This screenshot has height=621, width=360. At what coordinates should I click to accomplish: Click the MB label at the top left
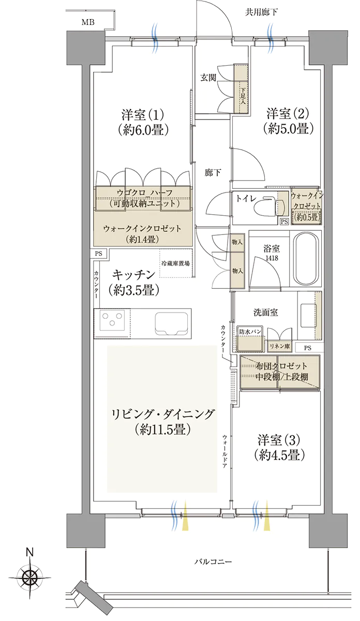pos(88,22)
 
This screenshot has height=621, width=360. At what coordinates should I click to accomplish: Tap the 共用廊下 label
pos(261,12)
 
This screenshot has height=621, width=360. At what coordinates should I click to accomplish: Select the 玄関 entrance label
pos(208,78)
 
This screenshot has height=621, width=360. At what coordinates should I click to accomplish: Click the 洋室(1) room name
pos(143,114)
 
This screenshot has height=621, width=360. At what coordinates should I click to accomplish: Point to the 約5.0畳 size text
pos(288,129)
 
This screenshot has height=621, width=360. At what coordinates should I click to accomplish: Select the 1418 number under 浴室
pos(272,258)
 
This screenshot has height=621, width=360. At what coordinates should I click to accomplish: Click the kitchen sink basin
pos(172,323)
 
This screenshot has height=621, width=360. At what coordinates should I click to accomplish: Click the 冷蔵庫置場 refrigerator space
pos(176,263)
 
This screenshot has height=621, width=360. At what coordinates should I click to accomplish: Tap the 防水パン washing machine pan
pos(249,339)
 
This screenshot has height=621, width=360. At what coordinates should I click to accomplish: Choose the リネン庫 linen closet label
pos(279,346)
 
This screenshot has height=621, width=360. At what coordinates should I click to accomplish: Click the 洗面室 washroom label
pos(265,313)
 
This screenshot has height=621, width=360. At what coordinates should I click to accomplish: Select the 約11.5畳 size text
pos(163,430)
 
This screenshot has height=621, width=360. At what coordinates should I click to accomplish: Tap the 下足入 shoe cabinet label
pos(243,96)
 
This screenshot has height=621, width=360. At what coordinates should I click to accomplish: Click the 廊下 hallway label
pos(213,173)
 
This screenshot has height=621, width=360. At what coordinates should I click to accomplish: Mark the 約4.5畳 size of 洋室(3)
pos(279,455)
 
